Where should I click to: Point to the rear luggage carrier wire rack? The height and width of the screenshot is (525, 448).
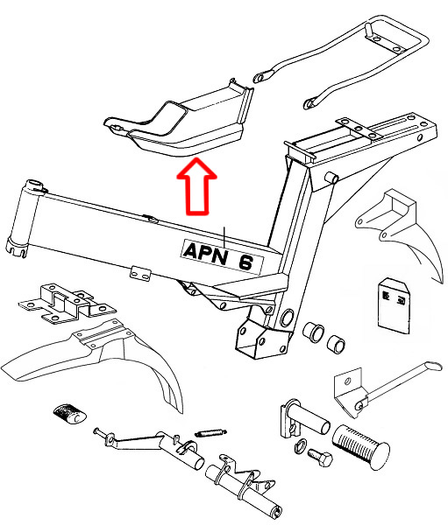[368, 61]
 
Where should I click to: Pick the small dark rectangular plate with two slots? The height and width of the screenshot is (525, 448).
[391, 303]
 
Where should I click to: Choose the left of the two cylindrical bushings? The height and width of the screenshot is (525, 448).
[313, 333]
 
